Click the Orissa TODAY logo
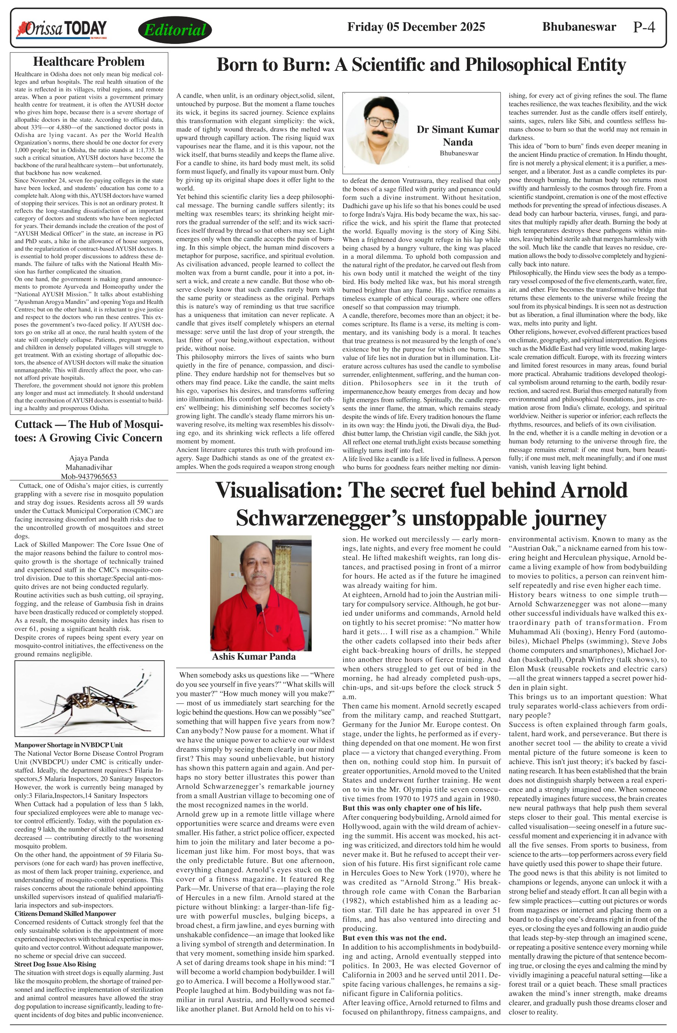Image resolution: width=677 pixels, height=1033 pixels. pyautogui.click(x=61, y=29)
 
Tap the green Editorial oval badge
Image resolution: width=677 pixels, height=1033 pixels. pyautogui.click(x=175, y=30)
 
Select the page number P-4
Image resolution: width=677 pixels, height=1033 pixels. pyautogui.click(x=644, y=27)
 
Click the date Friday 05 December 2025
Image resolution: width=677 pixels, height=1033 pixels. pyautogui.click(x=416, y=27)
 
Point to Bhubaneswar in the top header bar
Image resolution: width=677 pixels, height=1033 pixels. pyautogui.click(x=579, y=27)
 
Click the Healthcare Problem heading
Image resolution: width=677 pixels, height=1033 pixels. pyautogui.click(x=89, y=61)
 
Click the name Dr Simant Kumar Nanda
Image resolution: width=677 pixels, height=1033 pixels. pyautogui.click(x=458, y=135)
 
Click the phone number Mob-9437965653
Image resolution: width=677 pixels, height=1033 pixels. pyautogui.click(x=89, y=476)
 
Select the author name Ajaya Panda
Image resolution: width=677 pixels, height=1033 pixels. pyautogui.click(x=89, y=458)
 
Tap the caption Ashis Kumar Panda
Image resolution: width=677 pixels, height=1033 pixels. pyautogui.click(x=254, y=657)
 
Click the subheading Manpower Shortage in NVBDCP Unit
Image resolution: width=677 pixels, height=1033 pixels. pyautogui.click(x=68, y=745)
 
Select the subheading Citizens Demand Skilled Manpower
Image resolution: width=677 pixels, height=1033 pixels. pyautogui.click(x=65, y=914)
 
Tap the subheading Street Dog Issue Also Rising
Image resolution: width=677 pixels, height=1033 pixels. pyautogui.click(x=55, y=964)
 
